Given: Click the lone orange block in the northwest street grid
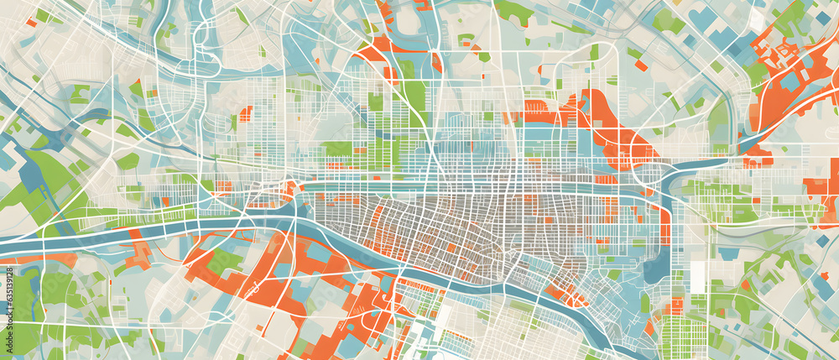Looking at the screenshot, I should click(x=245, y=113).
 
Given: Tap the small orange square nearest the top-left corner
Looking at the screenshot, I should click(x=31, y=23).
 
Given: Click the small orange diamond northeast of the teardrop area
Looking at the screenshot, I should click(x=640, y=65).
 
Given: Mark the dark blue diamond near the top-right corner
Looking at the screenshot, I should click(x=822, y=18).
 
